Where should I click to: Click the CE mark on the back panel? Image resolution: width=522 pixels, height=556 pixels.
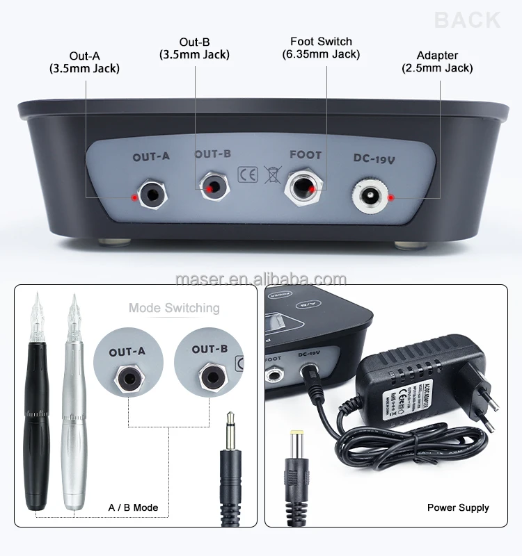[x=248, y=174]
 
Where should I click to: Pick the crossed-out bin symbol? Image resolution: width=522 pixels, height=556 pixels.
[x=271, y=174]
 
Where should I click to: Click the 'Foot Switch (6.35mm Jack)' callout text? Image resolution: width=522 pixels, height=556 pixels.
[x=321, y=48]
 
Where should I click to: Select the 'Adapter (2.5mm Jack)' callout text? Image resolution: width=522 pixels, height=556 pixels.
[x=437, y=62]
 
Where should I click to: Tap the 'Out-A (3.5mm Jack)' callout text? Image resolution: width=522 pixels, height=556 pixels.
[x=84, y=62]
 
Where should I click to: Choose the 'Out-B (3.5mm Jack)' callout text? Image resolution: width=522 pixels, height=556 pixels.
[x=194, y=48]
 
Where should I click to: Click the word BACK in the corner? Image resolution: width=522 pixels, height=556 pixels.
[x=467, y=19]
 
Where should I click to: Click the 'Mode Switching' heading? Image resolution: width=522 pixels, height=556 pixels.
[x=174, y=308]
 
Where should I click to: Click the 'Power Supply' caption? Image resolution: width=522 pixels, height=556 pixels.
[x=458, y=507]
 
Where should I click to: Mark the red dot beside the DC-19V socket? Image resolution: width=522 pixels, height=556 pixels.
[x=391, y=197]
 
